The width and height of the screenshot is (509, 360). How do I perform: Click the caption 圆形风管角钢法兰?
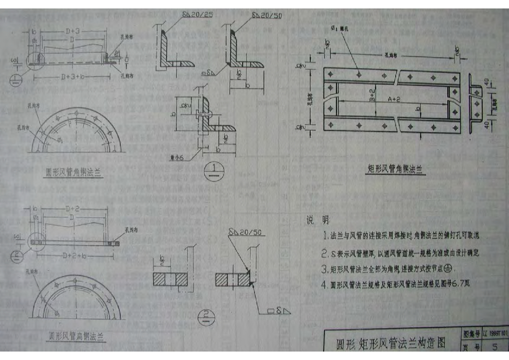coord(74,173)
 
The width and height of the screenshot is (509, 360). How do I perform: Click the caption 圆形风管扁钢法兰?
coord(76,337)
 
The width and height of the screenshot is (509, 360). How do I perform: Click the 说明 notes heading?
coord(317,220)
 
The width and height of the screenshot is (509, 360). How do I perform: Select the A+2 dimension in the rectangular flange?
coord(395,99)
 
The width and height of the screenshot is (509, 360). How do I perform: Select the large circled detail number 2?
coord(205,316)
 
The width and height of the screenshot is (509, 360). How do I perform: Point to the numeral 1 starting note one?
coord(325,236)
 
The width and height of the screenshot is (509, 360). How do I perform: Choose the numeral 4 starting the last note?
coord(325,285)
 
